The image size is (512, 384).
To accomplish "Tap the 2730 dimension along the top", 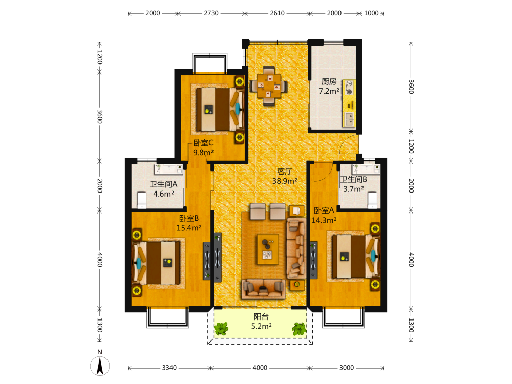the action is click(211, 13).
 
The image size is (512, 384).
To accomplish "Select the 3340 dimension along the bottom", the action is click(169, 368).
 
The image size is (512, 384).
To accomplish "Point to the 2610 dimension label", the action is click(277, 13).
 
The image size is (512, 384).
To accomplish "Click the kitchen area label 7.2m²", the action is click(329, 91).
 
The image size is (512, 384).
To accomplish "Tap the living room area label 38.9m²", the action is click(285, 181).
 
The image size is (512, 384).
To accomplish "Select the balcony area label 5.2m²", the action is click(261, 326).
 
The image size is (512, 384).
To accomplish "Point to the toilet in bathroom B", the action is click(372, 200).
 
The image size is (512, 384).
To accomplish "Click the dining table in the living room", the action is click(269, 86).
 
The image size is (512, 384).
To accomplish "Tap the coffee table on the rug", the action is click(267, 249).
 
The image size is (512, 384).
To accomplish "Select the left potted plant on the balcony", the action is click(221, 329).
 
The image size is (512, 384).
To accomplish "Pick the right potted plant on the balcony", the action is click(299, 329).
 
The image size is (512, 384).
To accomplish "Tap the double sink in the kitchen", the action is click(349, 119).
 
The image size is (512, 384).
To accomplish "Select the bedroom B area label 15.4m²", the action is click(189, 228).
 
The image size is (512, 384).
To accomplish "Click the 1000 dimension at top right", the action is click(371, 13).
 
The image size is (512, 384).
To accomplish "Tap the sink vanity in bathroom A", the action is click(168, 169).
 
